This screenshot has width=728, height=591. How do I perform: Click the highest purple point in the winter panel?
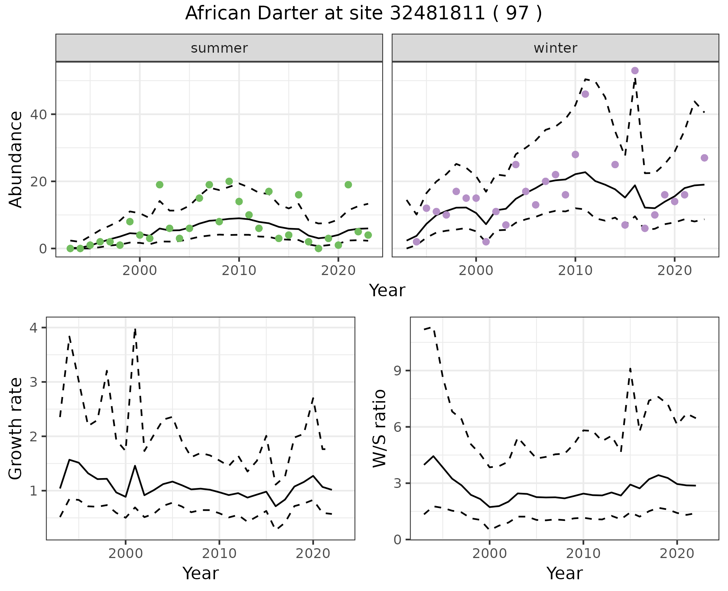tap(635, 71)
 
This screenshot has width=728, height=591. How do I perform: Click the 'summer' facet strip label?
tap(219, 48)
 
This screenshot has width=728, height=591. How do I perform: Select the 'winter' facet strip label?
tap(555, 48)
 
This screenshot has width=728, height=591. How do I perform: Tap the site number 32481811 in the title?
tap(437, 13)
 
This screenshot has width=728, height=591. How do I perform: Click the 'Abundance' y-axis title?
tap(16, 159)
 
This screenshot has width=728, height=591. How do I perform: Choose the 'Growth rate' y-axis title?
tap(16, 428)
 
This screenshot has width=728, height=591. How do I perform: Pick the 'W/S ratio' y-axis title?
tap(379, 428)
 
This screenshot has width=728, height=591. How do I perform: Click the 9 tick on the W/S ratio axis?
tap(397, 371)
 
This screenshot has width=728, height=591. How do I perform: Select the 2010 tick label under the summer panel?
tap(239, 271)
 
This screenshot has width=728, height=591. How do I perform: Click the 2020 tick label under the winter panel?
tap(674, 271)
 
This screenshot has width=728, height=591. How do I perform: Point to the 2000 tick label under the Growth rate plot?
tap(126, 553)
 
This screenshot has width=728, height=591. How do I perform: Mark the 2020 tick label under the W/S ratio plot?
tap(677, 553)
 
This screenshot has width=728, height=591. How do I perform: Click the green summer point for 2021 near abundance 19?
tap(348, 185)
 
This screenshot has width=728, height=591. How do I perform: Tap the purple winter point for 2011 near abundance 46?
tap(585, 94)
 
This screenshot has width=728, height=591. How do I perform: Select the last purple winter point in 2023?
tap(704, 158)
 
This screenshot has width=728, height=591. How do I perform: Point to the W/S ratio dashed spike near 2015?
tap(630, 369)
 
